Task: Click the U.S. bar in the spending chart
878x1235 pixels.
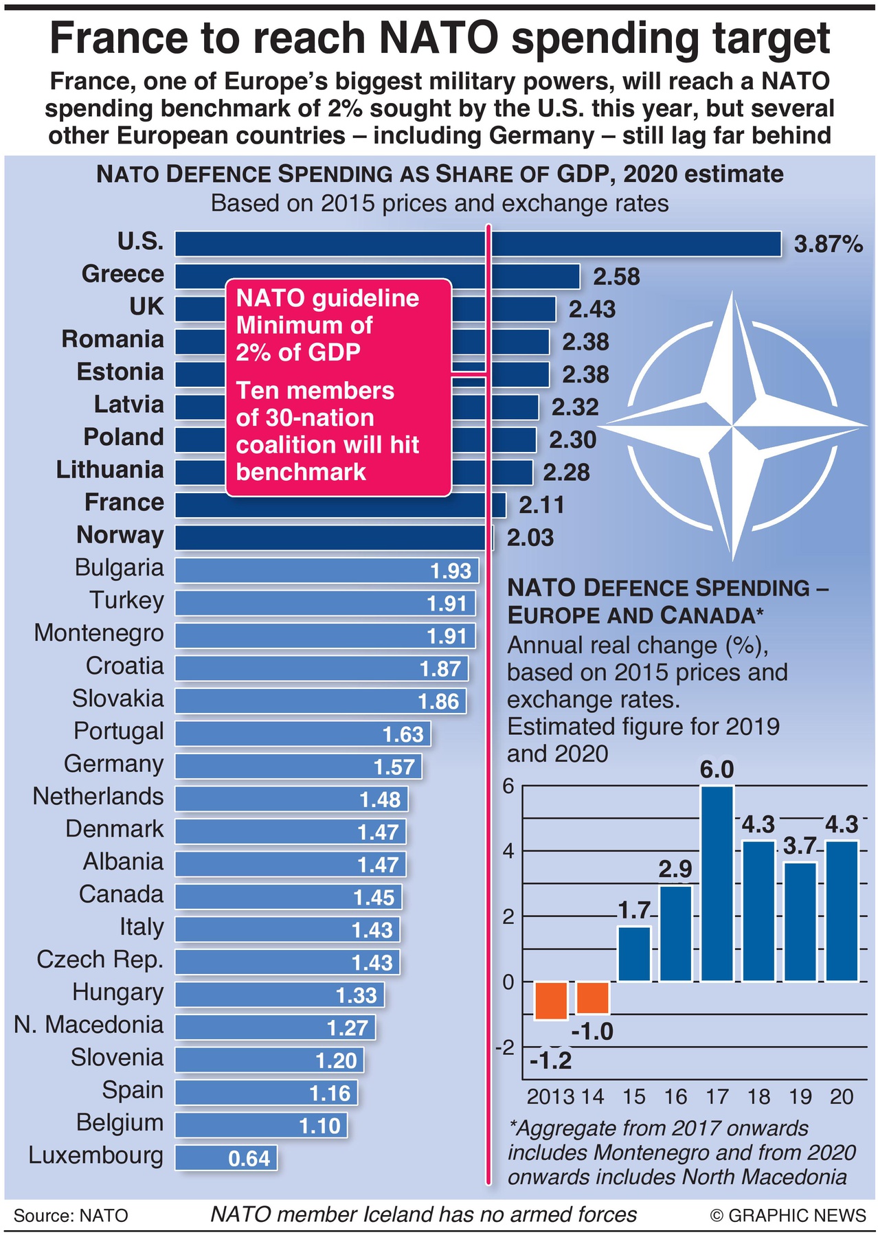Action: tap(477, 244)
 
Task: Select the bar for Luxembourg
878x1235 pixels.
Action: tap(226, 1157)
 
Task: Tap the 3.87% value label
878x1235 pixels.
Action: tap(828, 244)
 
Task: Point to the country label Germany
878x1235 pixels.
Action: tap(113, 764)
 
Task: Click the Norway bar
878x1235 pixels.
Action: tap(333, 537)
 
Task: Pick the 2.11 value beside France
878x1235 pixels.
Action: tap(541, 506)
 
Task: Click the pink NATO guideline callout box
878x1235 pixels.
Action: tap(338, 387)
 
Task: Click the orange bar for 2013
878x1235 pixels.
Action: tap(551, 1000)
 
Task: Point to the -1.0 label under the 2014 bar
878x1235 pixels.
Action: tap(592, 1032)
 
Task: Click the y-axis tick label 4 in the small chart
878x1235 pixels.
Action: tap(508, 851)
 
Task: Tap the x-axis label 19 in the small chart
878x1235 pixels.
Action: tap(800, 1096)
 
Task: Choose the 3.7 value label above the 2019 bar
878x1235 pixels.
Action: tap(800, 846)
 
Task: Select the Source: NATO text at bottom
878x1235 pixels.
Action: tap(71, 1215)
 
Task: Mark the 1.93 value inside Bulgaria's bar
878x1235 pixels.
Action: tap(450, 571)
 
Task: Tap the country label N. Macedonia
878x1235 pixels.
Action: tap(89, 1025)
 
